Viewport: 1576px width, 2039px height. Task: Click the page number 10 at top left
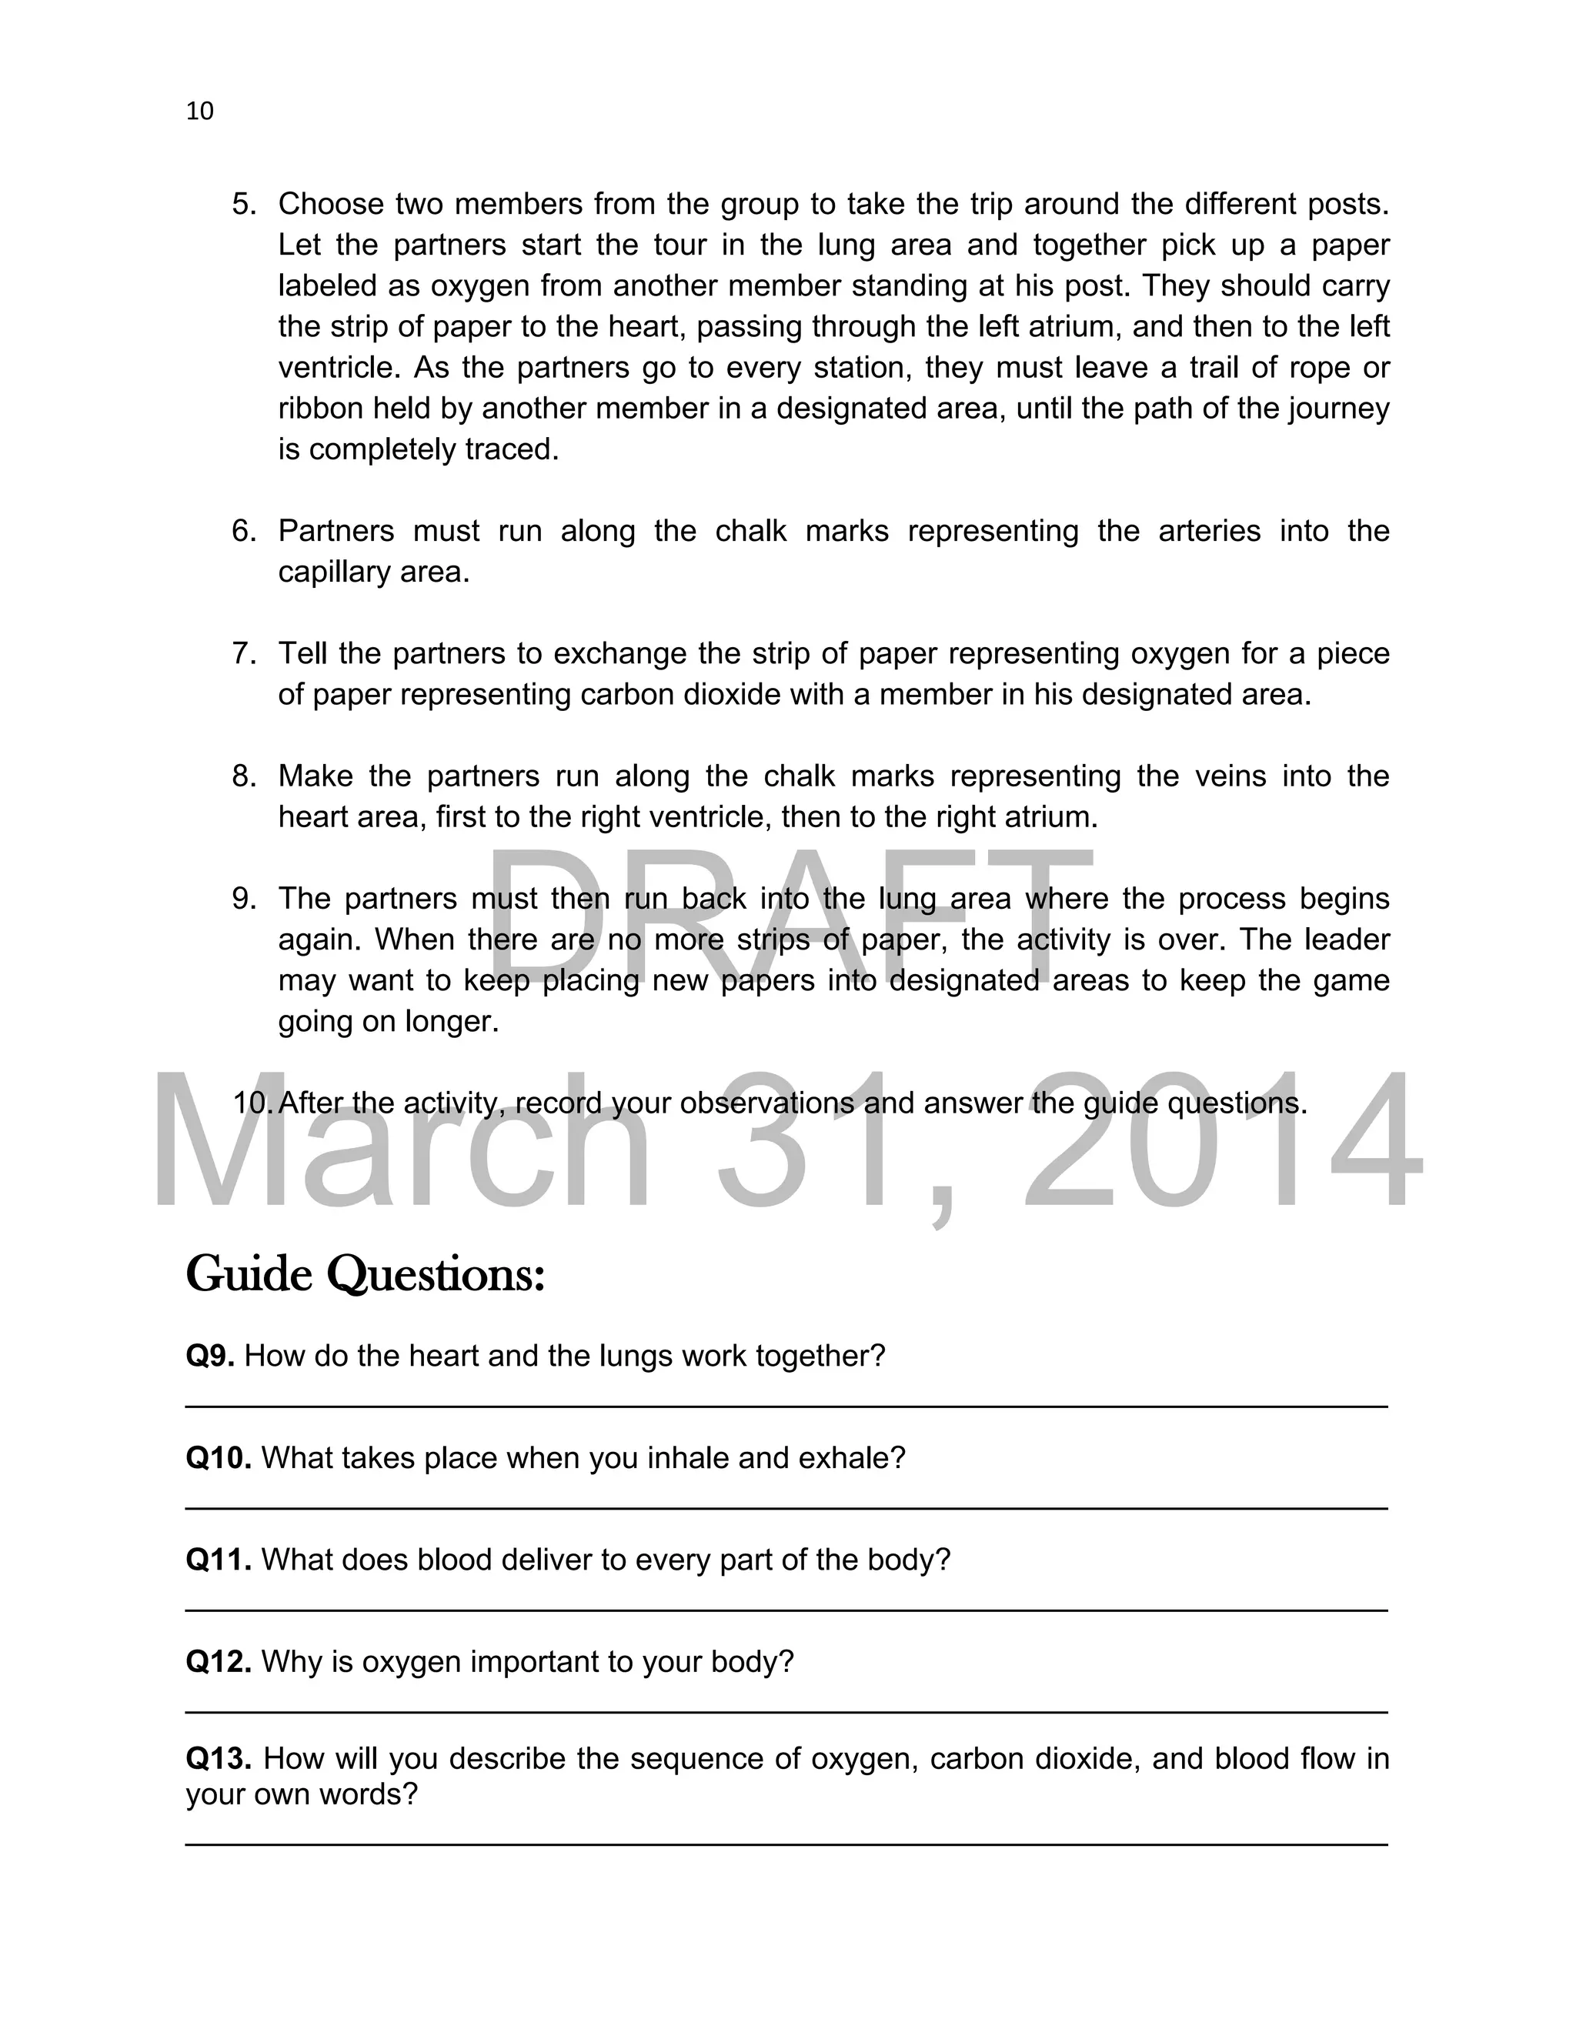click(200, 111)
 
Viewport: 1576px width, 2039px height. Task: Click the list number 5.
click(242, 204)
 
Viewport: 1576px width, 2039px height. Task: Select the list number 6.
click(242, 530)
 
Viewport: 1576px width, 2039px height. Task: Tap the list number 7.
click(242, 652)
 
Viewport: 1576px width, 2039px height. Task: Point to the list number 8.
click(242, 776)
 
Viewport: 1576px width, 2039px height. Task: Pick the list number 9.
click(242, 898)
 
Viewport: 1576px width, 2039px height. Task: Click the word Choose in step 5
click(332, 204)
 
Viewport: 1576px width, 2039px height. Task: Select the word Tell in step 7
click(302, 652)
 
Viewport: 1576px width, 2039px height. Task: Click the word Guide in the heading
click(249, 1273)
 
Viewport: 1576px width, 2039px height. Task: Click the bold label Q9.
click(210, 1356)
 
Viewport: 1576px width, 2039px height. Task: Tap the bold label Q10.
click(219, 1457)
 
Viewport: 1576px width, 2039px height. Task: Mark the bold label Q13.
click(219, 1758)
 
